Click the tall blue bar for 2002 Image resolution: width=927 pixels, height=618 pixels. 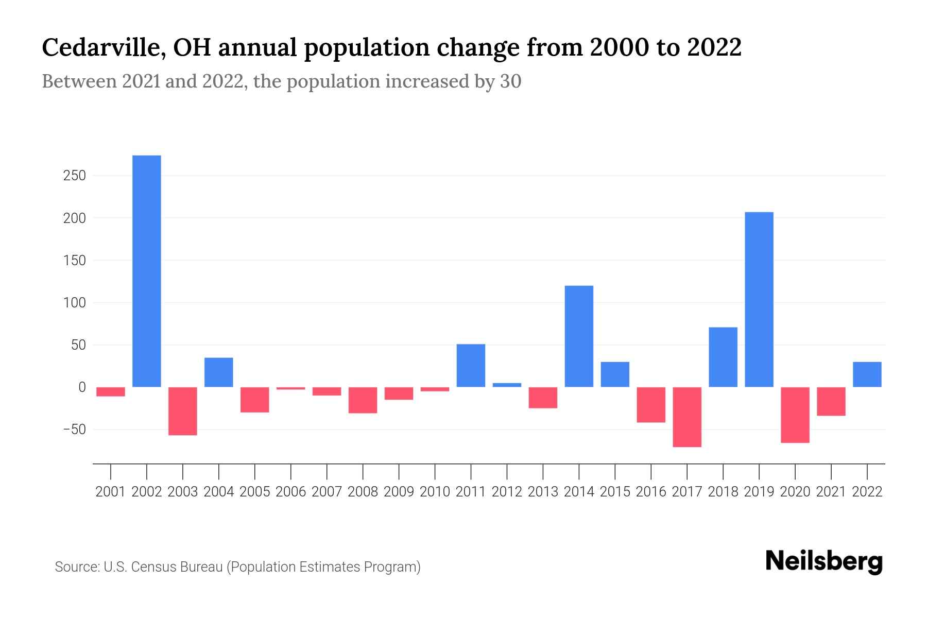(147, 271)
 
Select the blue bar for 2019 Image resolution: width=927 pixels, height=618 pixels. (759, 299)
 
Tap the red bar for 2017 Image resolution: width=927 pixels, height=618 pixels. (687, 417)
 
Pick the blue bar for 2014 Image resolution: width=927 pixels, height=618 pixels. (579, 336)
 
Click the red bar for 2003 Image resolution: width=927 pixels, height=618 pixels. (183, 411)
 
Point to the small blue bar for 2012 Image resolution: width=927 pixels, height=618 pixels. (507, 385)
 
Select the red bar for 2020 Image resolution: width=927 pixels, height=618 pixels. (795, 415)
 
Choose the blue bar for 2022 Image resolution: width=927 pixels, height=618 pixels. (867, 374)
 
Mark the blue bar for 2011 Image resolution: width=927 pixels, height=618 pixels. (471, 365)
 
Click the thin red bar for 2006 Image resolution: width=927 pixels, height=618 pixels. (291, 388)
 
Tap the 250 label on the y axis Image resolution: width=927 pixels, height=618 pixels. (74, 176)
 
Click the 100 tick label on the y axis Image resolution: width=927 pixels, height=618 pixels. (74, 303)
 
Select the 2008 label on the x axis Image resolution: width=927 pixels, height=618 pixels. (363, 492)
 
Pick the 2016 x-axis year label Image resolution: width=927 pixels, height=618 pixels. (651, 492)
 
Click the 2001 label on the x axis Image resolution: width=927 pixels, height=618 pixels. (111, 492)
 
